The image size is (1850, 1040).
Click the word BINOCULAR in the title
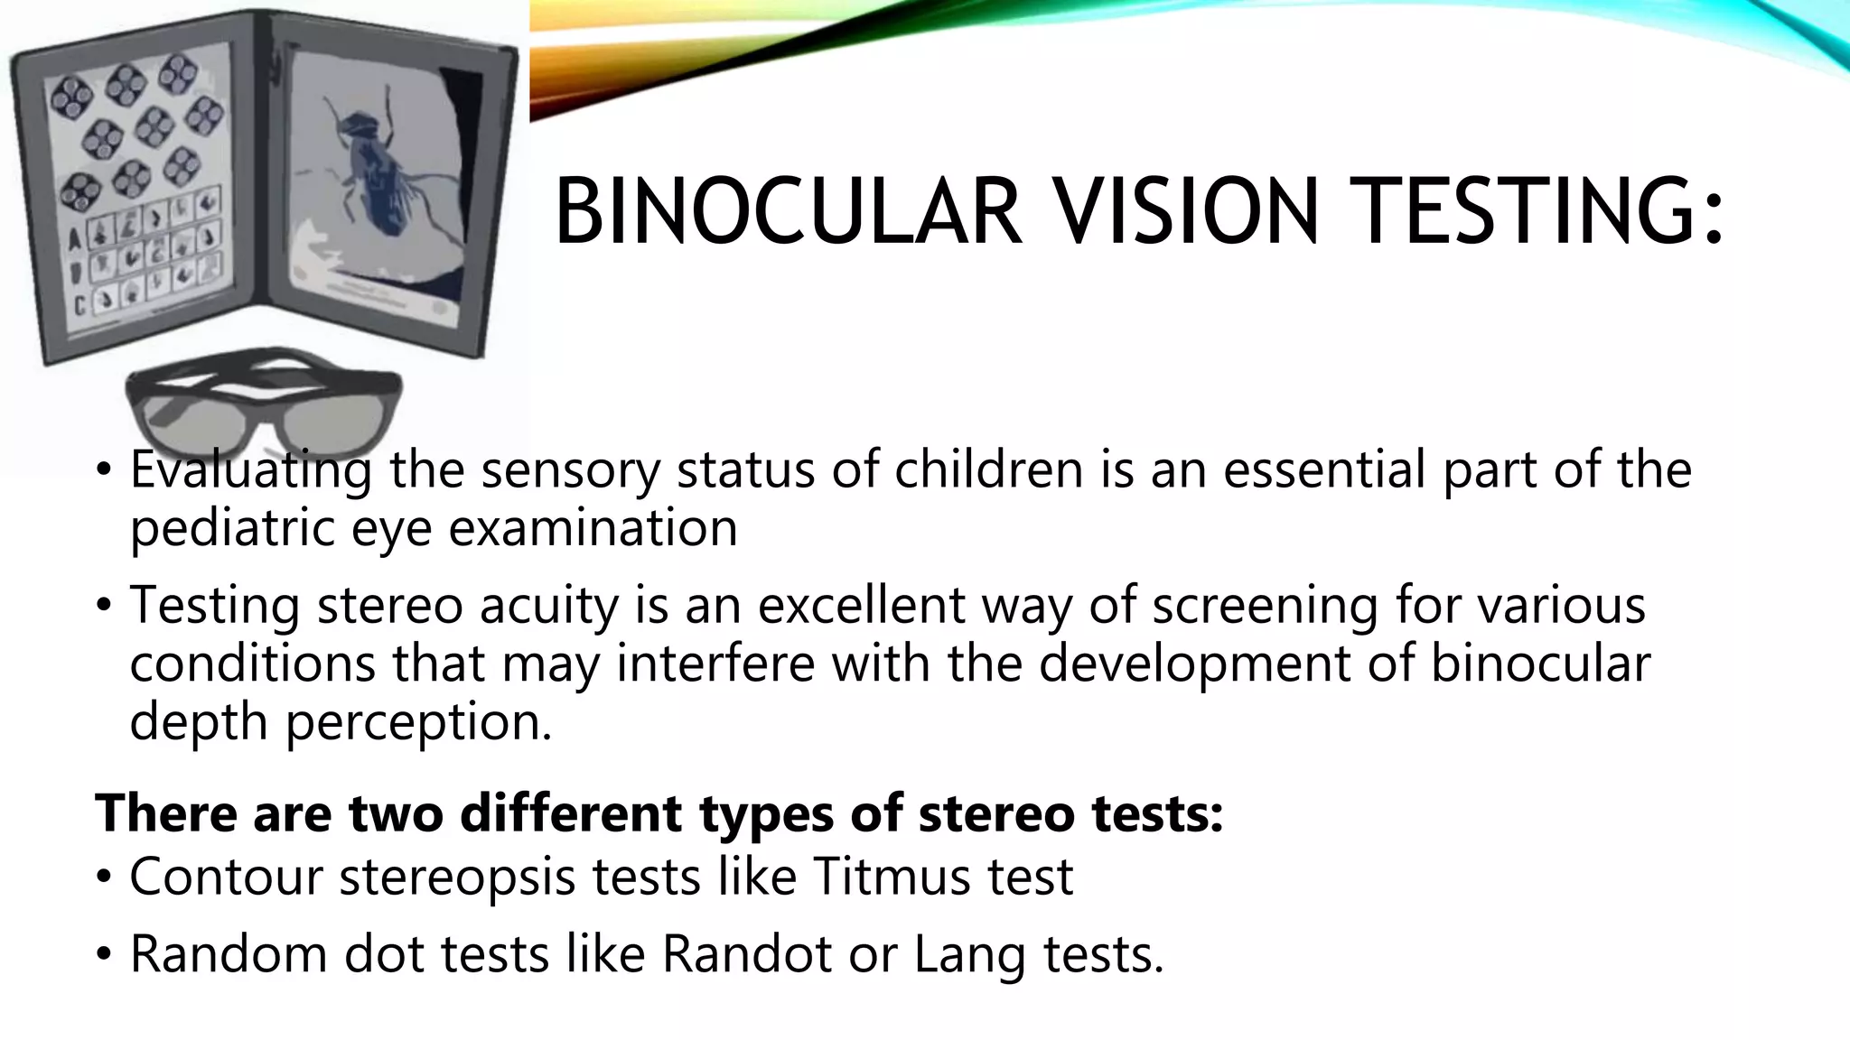[788, 212]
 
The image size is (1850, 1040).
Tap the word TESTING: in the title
[1542, 212]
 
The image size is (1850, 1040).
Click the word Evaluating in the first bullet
[250, 470]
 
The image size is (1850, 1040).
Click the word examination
[593, 527]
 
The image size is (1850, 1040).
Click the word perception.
[418, 722]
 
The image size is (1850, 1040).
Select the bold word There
[166, 812]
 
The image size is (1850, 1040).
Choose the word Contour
[227, 876]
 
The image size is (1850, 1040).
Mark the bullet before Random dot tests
[105, 954]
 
